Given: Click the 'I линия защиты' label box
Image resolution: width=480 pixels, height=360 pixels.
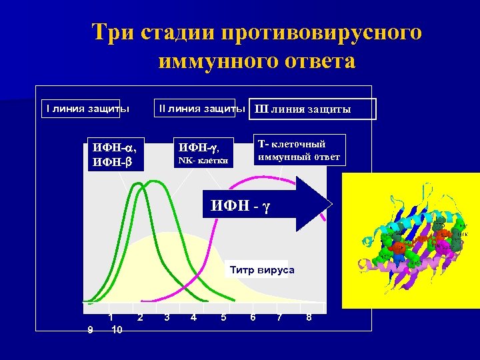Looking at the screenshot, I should tap(82, 108).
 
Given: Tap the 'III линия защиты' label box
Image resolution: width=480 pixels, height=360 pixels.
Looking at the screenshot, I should tap(312, 109).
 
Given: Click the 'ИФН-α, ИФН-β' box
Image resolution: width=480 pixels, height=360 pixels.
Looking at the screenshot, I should tap(115, 154).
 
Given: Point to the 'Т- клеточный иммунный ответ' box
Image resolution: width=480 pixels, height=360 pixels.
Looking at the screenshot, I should tap(299, 151).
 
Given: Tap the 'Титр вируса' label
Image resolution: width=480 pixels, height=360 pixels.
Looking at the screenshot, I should tap(261, 270).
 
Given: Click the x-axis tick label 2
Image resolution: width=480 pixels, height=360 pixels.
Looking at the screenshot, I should tap(139, 317).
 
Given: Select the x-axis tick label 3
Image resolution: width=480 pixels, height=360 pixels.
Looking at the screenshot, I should tap(167, 317).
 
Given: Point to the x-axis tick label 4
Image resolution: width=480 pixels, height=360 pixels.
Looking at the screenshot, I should tap(193, 317).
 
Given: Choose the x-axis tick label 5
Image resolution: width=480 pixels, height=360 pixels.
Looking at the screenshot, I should tap(223, 317).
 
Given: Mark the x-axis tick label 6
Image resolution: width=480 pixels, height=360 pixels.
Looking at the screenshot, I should tap(252, 317).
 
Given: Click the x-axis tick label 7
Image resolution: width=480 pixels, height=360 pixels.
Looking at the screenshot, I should tap(279, 317).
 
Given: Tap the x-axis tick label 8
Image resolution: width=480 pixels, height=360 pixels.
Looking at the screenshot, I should tap(309, 317).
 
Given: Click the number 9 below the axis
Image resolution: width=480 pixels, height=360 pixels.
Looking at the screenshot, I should tap(90, 329).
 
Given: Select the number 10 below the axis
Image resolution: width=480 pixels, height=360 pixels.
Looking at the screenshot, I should tap(116, 329).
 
